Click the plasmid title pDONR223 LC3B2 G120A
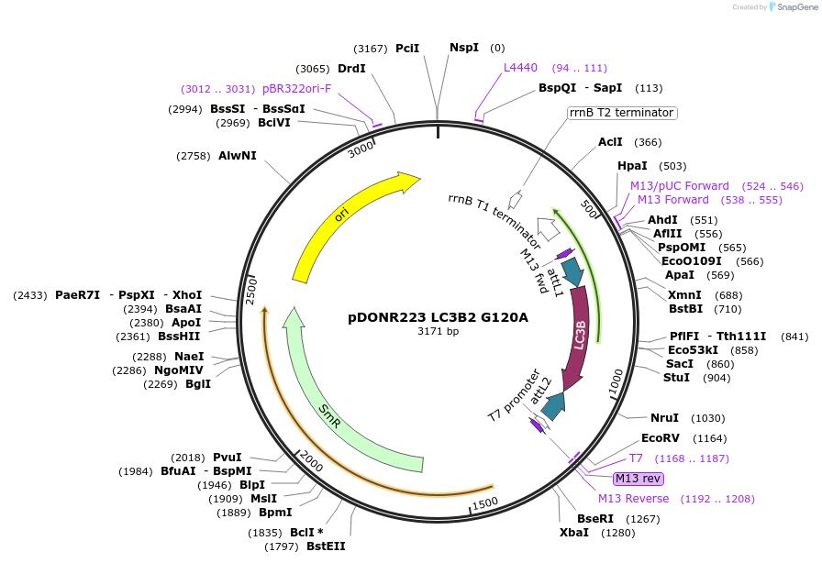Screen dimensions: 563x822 438,317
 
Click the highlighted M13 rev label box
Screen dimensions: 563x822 639,478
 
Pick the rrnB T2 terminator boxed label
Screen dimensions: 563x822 622,113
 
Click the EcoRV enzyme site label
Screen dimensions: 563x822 660,438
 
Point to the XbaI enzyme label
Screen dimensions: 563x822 575,532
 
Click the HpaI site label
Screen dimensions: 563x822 632,166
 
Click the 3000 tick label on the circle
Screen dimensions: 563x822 361,147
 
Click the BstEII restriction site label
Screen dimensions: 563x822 326,546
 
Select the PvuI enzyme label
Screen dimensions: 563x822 228,457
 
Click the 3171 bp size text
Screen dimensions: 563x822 439,331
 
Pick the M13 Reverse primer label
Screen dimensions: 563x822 634,499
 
